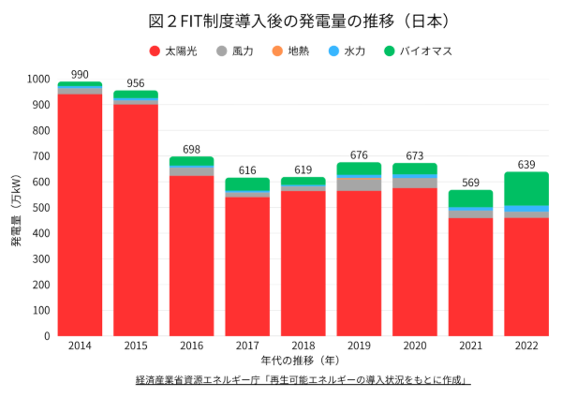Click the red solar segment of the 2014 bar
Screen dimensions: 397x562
(x=80, y=215)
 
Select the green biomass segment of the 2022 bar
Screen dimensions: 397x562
(x=526, y=188)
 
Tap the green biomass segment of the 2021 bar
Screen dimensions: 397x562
(x=470, y=198)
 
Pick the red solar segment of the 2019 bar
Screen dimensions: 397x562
(x=359, y=263)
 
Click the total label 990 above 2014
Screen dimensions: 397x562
(x=80, y=74)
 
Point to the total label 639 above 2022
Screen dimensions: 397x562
(x=526, y=164)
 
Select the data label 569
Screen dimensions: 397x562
(x=470, y=182)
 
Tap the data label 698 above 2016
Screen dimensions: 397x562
(x=191, y=149)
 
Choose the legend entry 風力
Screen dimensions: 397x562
(x=234, y=51)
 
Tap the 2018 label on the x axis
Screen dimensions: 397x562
(x=303, y=346)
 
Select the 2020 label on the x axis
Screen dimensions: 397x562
(x=415, y=346)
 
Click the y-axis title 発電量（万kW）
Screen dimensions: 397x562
(x=16, y=208)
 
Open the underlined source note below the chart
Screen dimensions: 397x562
(x=302, y=381)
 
